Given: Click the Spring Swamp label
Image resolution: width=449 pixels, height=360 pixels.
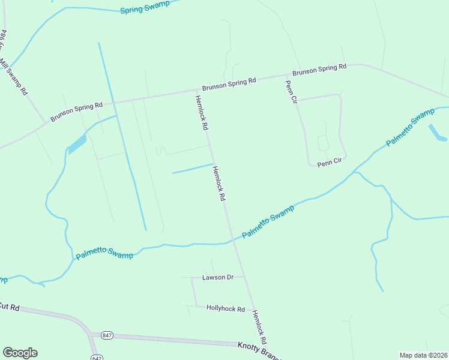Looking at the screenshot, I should [x=145, y=8].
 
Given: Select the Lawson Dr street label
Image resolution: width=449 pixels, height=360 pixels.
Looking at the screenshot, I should [x=217, y=277].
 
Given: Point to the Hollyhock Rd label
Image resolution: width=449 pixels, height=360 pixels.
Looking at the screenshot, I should [x=226, y=309].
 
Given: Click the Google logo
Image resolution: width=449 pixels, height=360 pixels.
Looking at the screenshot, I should [x=20, y=353].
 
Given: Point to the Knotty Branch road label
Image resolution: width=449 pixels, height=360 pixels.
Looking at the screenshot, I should [x=258, y=346].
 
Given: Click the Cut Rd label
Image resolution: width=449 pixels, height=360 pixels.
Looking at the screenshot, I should [x=10, y=307].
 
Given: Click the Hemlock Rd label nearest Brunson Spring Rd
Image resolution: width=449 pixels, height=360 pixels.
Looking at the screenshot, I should [x=200, y=113].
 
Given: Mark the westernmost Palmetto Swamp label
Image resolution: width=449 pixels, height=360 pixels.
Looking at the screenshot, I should [x=104, y=255].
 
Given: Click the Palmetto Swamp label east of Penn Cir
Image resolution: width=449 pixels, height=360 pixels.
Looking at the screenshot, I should [x=410, y=128].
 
